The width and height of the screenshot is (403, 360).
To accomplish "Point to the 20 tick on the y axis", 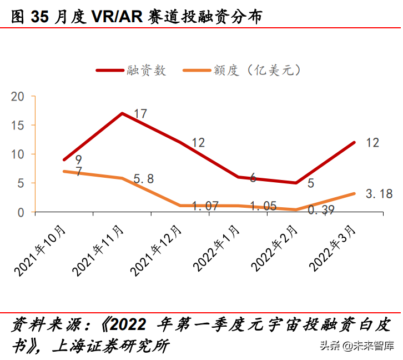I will coord(18,97).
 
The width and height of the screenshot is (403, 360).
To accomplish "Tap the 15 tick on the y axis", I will coord(18,126).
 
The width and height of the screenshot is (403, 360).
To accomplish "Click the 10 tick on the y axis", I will coord(18,154).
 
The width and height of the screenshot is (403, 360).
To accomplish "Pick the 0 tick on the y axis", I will coord(22,212).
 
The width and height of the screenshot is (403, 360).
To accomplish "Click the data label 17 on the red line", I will coord(140,114).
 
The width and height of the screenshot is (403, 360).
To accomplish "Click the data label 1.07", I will coord(206,206).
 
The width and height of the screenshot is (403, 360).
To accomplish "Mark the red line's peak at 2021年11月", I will coord(122,113).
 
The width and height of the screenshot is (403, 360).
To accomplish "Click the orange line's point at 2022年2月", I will coord(295,209).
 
